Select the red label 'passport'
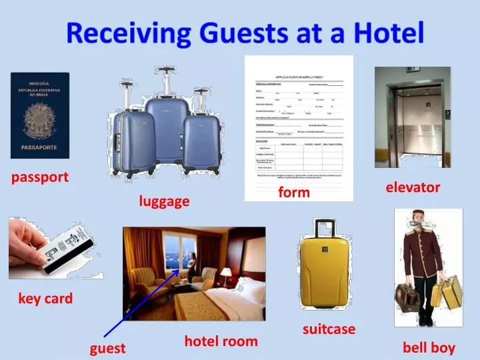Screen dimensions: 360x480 (40, 177)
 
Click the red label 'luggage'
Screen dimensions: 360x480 (164, 201)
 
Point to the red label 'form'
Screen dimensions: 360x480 (294, 193)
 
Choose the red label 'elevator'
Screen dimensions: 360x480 (413, 187)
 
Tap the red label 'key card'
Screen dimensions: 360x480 (45, 299)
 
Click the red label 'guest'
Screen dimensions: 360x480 (108, 348)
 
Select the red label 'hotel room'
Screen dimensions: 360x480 (221, 341)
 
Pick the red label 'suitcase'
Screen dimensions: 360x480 (329, 329)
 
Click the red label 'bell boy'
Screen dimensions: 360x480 (429, 347)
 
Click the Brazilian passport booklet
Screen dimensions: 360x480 (39, 115)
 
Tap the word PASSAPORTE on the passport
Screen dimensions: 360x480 (39, 147)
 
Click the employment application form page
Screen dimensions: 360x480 (299, 127)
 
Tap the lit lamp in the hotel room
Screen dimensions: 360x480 (227, 273)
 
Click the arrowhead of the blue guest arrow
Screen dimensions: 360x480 (178, 271)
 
